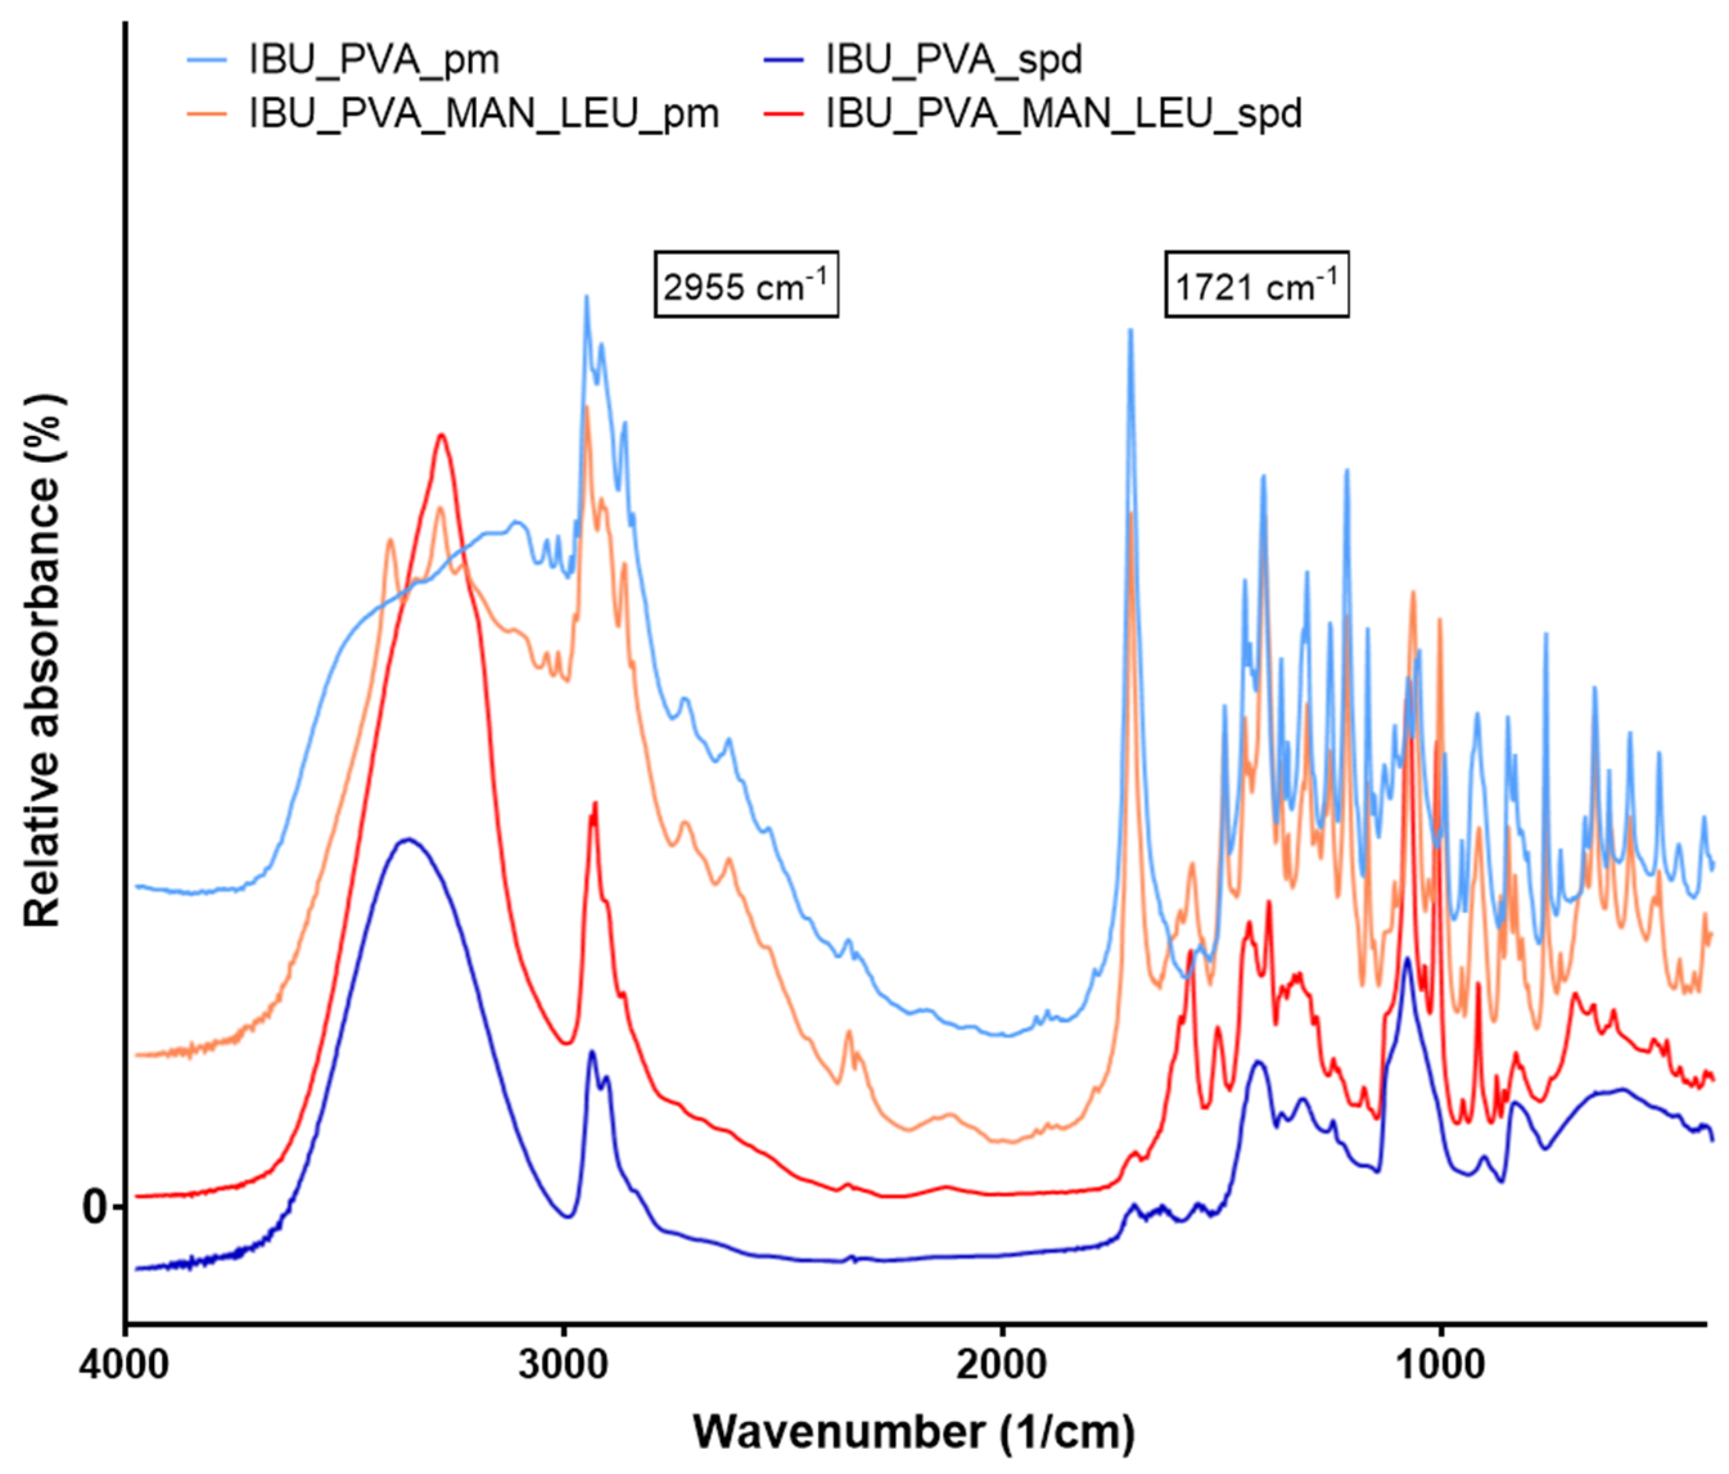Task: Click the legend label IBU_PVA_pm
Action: [x=374, y=60]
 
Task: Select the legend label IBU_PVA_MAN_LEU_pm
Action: [x=484, y=114]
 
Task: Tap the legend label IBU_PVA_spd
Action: [x=954, y=60]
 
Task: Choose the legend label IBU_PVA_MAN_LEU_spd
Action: [x=1063, y=114]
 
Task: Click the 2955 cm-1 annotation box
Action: [x=745, y=285]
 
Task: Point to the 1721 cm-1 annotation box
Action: [x=1256, y=285]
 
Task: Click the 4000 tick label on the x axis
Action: [x=125, y=1366]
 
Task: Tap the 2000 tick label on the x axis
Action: [x=1002, y=1366]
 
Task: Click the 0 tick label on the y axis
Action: [x=94, y=1207]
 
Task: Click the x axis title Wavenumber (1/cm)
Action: [x=914, y=1432]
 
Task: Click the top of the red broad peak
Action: [x=442, y=435]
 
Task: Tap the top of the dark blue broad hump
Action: [x=407, y=839]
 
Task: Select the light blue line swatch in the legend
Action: [x=206, y=60]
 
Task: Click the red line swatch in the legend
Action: [x=783, y=114]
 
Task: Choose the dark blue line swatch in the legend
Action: [x=783, y=60]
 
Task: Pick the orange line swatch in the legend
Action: [x=206, y=114]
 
